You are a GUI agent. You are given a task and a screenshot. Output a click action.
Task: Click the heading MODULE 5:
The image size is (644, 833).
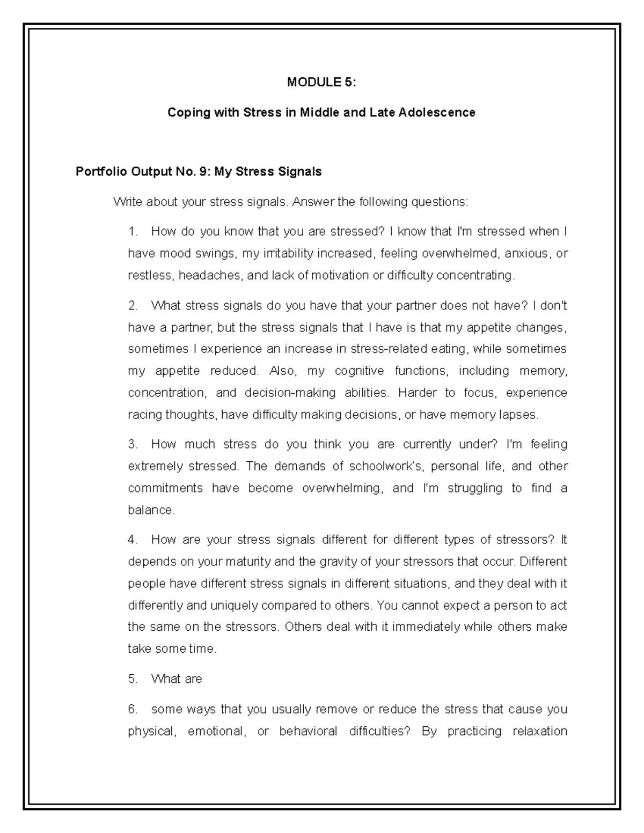321,82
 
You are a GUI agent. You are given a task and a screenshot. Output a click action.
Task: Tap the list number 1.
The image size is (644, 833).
133,232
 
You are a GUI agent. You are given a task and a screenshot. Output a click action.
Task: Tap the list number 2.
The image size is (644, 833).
133,306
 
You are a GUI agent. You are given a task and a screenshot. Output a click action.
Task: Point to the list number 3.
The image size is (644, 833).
133,444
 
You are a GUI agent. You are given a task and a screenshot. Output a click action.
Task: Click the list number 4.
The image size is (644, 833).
133,540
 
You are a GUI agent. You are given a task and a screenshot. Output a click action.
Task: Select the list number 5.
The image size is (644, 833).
133,679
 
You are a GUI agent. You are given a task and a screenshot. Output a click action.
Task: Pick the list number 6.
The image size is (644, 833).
133,709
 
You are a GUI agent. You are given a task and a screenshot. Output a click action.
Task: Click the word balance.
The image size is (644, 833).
151,510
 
